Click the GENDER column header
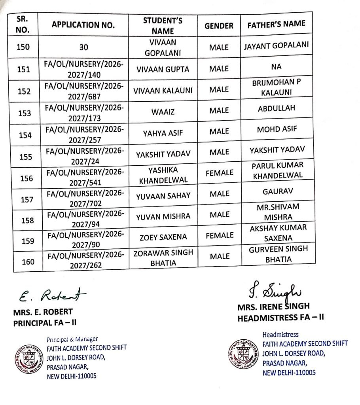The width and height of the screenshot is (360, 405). [219, 26]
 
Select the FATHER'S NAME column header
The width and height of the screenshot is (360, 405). [276, 24]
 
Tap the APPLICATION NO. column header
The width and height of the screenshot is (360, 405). [83, 26]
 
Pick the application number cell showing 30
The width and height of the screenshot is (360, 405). [83, 47]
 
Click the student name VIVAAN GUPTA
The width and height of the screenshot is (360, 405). [163, 69]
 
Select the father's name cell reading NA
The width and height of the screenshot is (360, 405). [276, 67]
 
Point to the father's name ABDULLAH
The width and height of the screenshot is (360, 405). [276, 108]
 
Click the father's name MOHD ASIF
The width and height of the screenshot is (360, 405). [276, 129]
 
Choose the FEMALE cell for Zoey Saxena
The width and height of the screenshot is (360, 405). [220, 236]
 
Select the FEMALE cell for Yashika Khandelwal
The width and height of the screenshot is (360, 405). [220, 173]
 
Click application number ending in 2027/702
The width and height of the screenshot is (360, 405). [85, 199]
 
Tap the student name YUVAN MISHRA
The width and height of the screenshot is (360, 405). [163, 216]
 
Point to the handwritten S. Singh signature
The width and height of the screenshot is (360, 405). [273, 292]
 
